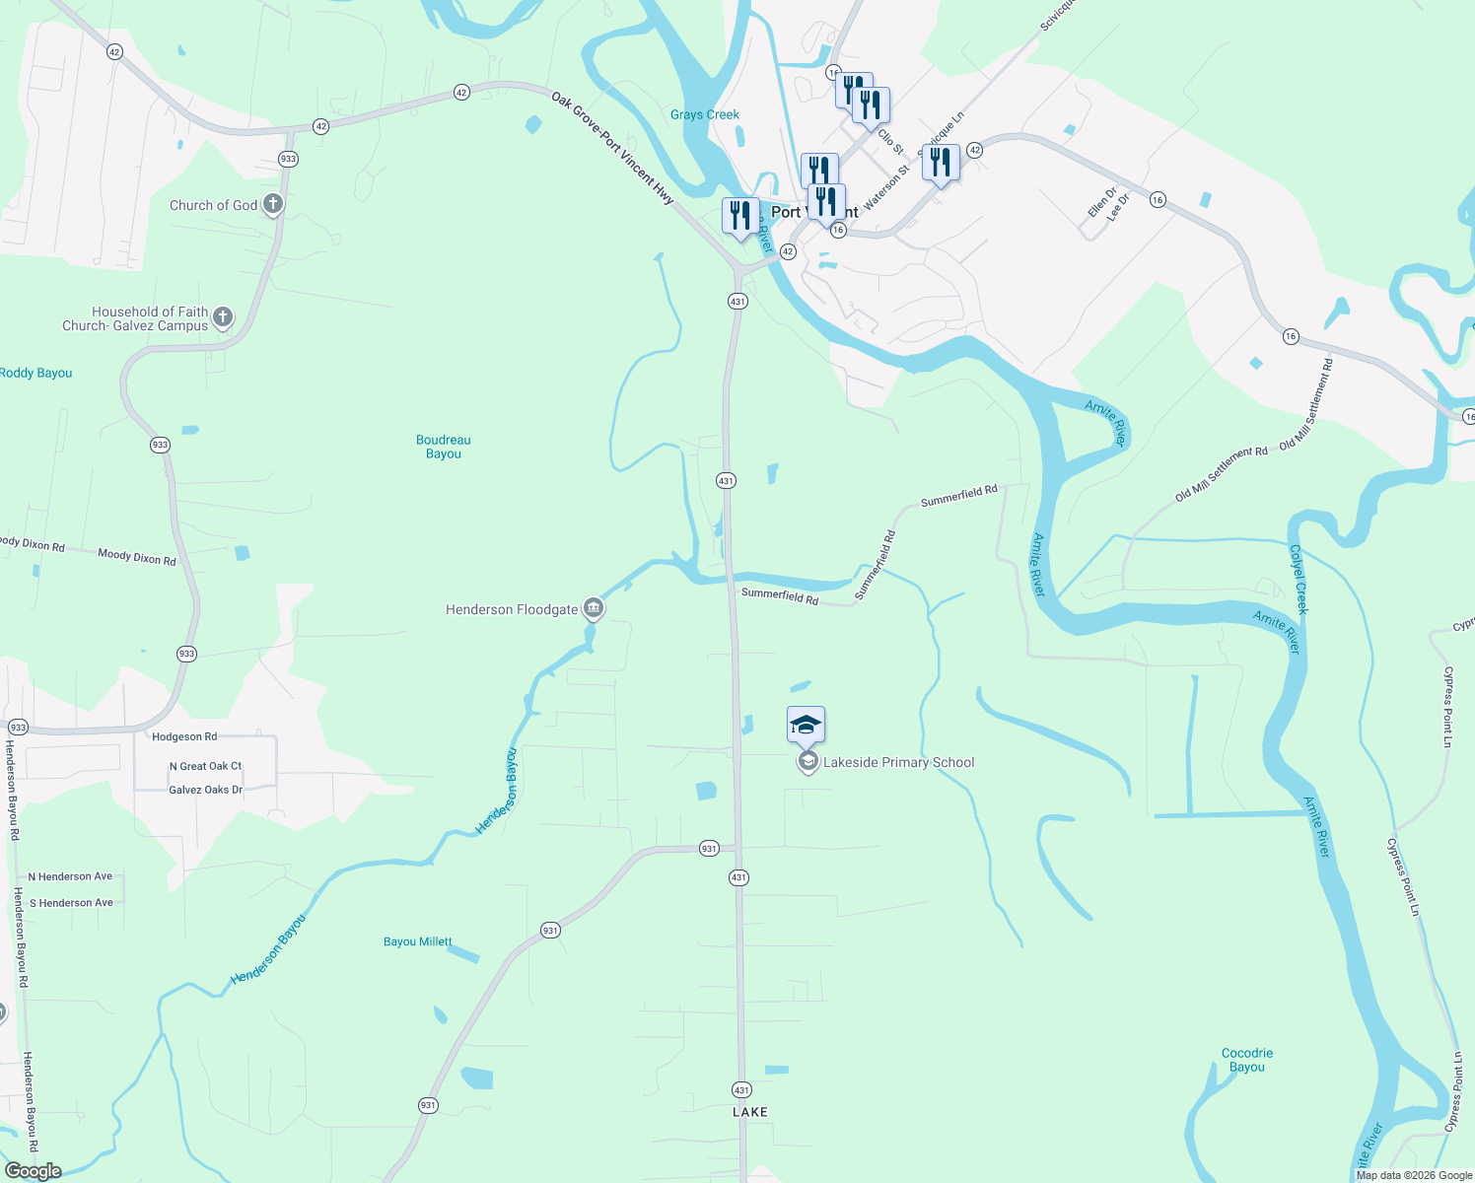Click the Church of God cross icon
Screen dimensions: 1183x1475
(x=273, y=204)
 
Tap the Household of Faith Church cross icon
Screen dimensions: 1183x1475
(x=223, y=316)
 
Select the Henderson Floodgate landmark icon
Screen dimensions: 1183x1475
(x=593, y=608)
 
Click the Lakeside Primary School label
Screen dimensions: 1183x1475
(x=898, y=762)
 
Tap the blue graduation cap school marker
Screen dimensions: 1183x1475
(x=806, y=726)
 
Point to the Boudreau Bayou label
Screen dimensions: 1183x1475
(x=444, y=447)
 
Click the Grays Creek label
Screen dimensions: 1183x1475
(x=704, y=114)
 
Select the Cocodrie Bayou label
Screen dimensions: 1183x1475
(x=1247, y=1060)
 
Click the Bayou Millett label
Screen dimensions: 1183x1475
(x=418, y=941)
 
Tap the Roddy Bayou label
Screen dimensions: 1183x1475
(x=36, y=373)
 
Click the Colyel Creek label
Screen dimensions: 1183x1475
(x=1299, y=581)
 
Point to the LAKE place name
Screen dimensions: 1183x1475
(x=750, y=1112)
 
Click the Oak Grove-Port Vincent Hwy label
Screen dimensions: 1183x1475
(x=612, y=148)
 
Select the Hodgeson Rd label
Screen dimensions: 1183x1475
(x=184, y=736)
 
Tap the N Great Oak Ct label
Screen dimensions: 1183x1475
(x=205, y=766)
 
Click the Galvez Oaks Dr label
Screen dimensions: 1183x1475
(x=205, y=790)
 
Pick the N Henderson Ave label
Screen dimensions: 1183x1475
(x=70, y=876)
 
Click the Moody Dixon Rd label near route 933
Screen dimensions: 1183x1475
(x=137, y=557)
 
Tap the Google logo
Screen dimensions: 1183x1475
(x=34, y=1171)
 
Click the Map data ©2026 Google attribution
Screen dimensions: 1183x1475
(x=1414, y=1175)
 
